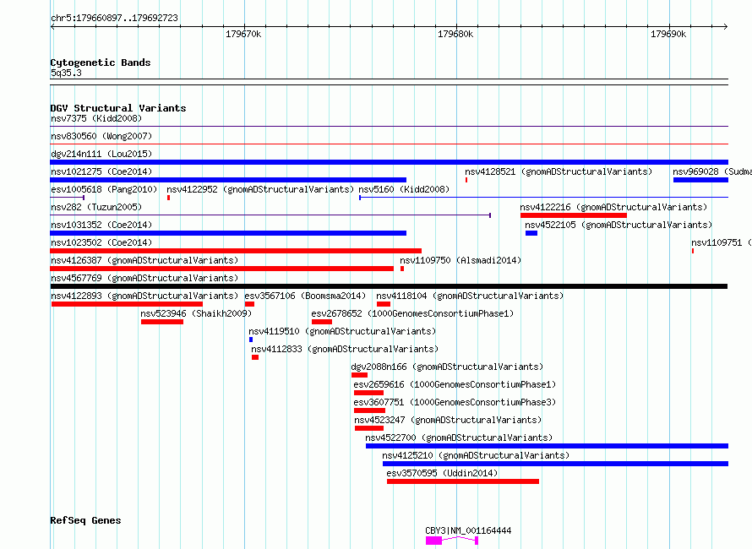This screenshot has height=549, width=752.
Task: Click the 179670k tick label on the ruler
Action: tap(243, 34)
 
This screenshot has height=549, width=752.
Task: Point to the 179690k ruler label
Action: tap(668, 34)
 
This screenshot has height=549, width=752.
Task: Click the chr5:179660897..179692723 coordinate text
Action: tap(114, 18)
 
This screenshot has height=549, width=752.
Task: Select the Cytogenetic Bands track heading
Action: tap(101, 63)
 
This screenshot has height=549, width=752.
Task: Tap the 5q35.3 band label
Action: tap(66, 73)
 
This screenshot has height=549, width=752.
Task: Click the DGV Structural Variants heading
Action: tap(118, 108)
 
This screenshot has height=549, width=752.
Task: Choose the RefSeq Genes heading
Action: tap(85, 520)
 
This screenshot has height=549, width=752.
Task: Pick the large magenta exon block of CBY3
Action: tap(433, 541)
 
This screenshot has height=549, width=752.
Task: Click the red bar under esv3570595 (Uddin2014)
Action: tap(463, 481)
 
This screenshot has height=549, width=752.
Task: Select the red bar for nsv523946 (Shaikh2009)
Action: tap(162, 322)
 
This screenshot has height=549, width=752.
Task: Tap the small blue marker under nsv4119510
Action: tap(251, 340)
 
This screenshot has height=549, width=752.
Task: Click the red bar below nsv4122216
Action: tap(574, 215)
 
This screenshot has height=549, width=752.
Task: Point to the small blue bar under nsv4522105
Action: tap(531, 233)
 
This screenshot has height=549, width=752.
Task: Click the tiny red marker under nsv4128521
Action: tap(466, 180)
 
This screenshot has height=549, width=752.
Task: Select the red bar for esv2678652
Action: tap(322, 322)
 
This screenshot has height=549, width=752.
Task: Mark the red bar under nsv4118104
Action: tap(384, 304)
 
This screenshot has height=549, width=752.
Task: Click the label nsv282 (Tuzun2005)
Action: tap(96, 207)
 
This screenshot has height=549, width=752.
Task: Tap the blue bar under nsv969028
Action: tap(700, 180)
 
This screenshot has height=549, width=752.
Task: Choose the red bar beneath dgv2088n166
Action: tap(359, 375)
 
